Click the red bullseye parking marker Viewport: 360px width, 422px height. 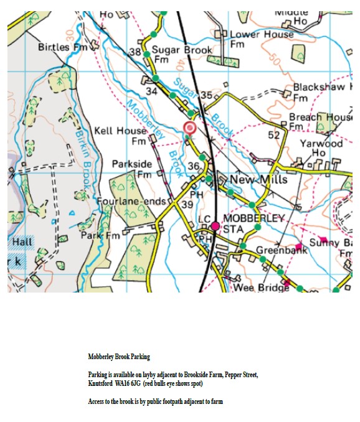click(x=189, y=128)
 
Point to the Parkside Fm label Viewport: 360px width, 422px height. click(x=131, y=169)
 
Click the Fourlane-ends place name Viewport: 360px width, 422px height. click(x=131, y=202)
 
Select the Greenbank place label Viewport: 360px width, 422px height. click(x=282, y=251)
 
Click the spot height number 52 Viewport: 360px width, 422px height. click(x=274, y=135)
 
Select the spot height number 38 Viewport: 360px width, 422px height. click(x=135, y=52)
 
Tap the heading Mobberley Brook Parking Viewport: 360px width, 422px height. click(x=118, y=357)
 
